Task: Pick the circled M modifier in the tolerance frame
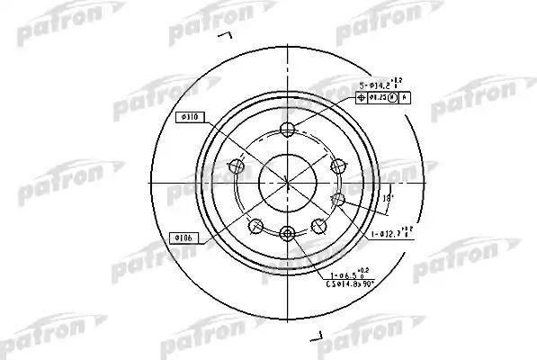point(391,97)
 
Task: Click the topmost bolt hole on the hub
point(287,127)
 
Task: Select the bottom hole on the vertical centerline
point(287,234)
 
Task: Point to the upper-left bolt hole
point(237,165)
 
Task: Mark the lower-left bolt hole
point(256,224)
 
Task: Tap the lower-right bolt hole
point(318,224)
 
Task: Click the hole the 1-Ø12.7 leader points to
point(339,199)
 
